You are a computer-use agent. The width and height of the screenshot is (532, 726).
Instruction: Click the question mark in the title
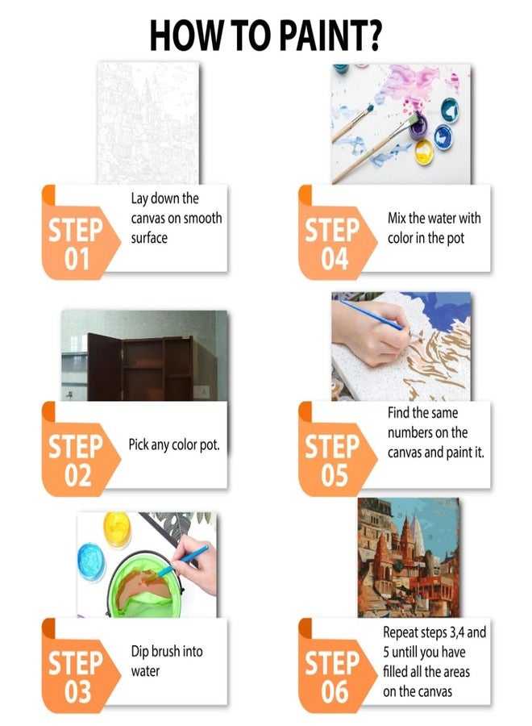tap(372, 35)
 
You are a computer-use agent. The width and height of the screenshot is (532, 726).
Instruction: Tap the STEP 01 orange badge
tap(79, 232)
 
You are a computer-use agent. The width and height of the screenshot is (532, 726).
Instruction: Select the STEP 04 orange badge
tap(336, 232)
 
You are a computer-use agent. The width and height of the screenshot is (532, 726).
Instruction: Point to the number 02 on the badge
tap(77, 475)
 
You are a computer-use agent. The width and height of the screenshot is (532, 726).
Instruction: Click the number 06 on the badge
tap(335, 692)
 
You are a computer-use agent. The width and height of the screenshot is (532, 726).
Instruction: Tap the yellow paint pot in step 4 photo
tap(423, 152)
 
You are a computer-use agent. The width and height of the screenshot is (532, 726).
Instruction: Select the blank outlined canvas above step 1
tap(148, 123)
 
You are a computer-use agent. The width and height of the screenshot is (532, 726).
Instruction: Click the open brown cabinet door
tap(105, 367)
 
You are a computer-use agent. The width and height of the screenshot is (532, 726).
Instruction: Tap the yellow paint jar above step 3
tap(117, 529)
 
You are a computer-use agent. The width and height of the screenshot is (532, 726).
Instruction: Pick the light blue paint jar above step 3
tap(92, 561)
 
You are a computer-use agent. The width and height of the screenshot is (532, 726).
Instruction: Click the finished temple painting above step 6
tap(409, 557)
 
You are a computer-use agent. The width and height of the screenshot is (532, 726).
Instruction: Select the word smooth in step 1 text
tap(199, 218)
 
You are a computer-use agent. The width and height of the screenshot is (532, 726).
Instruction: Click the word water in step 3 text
tap(145, 671)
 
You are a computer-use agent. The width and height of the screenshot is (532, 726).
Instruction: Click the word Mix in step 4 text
tap(397, 218)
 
